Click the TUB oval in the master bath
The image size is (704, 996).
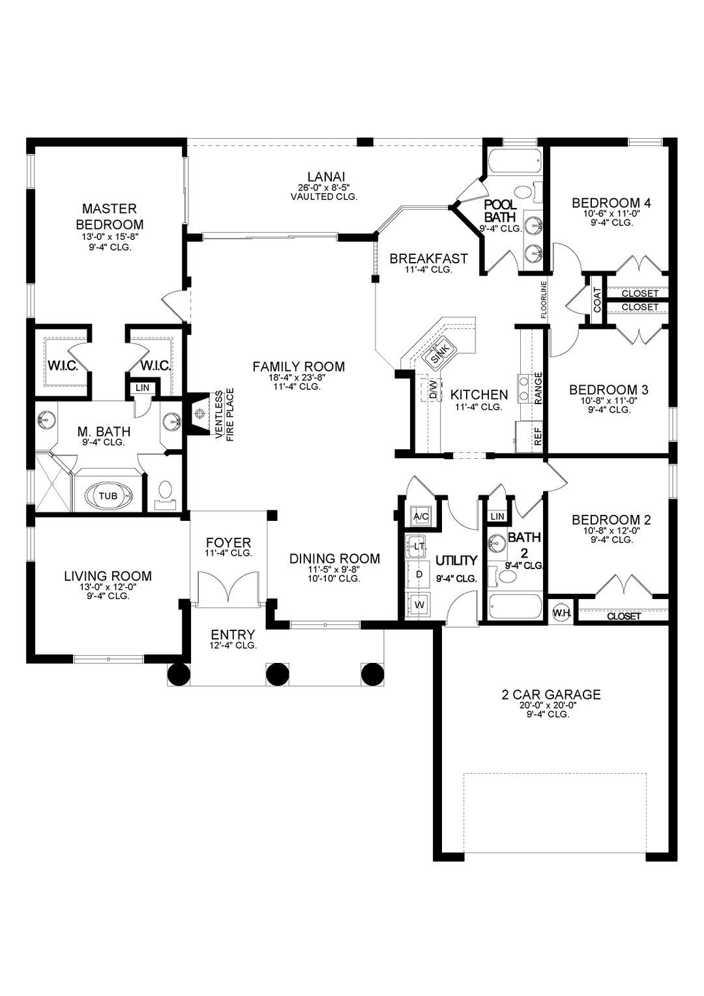pyautogui.click(x=108, y=495)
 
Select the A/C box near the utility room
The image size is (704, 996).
pyautogui.click(x=421, y=517)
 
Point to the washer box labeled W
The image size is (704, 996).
pyautogui.click(x=420, y=604)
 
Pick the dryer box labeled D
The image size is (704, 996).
pyautogui.click(x=420, y=574)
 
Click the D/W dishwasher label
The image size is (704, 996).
pyautogui.click(x=433, y=390)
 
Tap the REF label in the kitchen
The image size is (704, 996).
pyautogui.click(x=538, y=436)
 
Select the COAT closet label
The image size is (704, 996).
pyautogui.click(x=597, y=299)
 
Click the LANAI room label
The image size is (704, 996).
pyautogui.click(x=326, y=176)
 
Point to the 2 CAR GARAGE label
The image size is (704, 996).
pyautogui.click(x=551, y=694)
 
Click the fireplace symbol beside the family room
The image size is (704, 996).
pyautogui.click(x=200, y=412)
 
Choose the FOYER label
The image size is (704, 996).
pyautogui.click(x=228, y=543)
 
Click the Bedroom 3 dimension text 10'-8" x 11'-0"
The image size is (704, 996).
pyautogui.click(x=608, y=400)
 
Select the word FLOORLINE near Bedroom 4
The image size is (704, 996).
pyautogui.click(x=542, y=299)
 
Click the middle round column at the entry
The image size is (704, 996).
pyautogui.click(x=276, y=673)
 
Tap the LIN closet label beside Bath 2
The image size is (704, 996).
pyautogui.click(x=497, y=516)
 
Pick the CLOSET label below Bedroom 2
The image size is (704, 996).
pyautogui.click(x=623, y=616)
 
